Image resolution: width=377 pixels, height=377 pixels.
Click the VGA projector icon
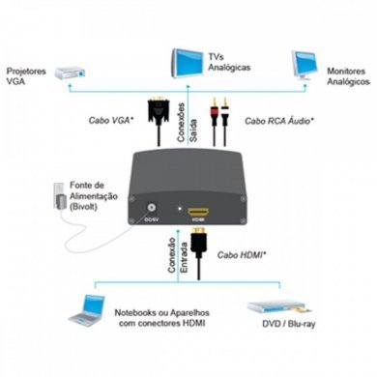[72, 72]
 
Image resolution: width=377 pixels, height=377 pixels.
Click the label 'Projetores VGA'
[26, 78]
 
